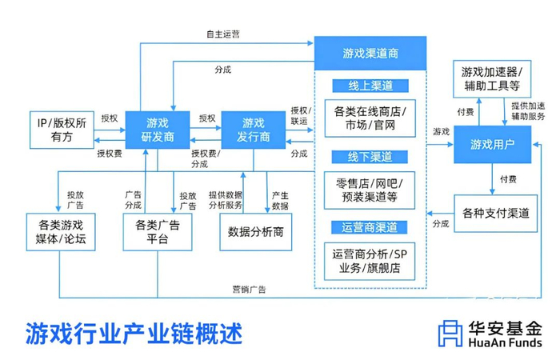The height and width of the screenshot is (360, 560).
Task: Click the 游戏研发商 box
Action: (158, 130)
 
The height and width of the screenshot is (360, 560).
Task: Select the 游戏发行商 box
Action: (254, 130)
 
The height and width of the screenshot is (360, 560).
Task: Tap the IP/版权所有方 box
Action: (62, 130)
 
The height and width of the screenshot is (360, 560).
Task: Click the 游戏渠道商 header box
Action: (370, 54)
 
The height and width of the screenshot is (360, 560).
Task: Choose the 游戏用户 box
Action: (493, 144)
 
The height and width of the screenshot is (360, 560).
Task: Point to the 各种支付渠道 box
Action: (496, 214)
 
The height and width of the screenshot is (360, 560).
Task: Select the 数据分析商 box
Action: (256, 232)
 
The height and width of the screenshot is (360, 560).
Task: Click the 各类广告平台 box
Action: (158, 232)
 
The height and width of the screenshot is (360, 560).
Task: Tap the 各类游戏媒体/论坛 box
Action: (61, 232)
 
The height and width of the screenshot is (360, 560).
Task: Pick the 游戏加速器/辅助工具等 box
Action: (492, 79)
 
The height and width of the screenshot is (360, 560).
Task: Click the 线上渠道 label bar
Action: (370, 86)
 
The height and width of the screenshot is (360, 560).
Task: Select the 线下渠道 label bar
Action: (370, 157)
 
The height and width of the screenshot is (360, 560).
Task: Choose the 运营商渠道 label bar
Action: (370, 227)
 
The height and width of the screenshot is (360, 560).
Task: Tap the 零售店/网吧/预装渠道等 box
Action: (370, 190)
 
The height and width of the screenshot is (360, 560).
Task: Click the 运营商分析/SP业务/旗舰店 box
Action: (370, 262)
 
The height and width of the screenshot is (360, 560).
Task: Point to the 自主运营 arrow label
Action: (223, 34)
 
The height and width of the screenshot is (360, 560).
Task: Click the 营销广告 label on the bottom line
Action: (250, 290)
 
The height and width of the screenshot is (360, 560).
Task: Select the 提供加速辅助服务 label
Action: (528, 111)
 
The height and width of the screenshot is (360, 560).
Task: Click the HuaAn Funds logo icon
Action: (450, 334)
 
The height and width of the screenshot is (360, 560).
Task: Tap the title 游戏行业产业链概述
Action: (134, 334)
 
